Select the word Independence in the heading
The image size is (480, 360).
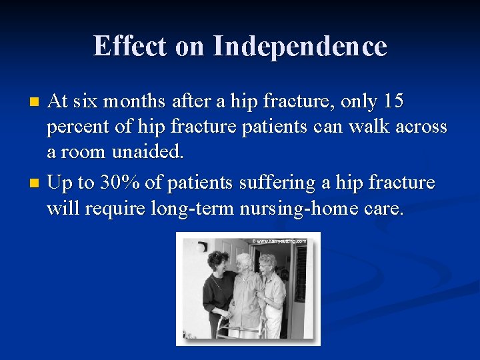(x=299, y=46)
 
